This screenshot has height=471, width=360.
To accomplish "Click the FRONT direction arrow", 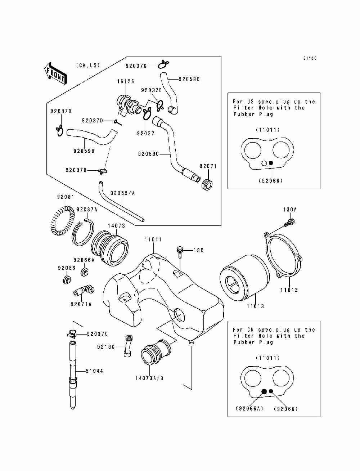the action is (55, 73).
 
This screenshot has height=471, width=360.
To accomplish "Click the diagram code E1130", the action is (310, 58).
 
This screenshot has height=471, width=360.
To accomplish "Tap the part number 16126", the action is (126, 81).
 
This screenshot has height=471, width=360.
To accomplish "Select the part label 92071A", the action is (81, 304).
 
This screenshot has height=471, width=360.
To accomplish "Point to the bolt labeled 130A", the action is (289, 223).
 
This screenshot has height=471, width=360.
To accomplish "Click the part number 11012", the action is (289, 290).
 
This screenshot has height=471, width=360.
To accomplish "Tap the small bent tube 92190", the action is (128, 346).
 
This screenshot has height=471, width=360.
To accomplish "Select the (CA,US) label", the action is (88, 65).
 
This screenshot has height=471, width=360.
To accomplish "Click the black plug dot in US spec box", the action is (271, 163).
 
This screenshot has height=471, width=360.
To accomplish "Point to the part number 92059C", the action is (148, 154).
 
